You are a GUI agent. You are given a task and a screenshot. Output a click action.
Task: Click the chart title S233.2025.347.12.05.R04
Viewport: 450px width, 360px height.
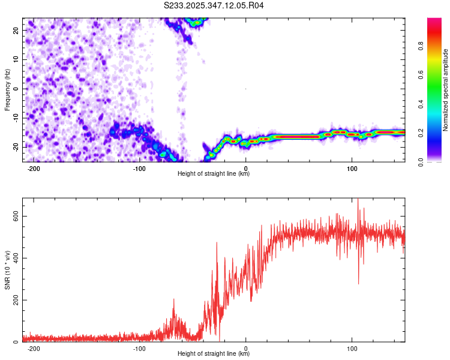(x=214, y=6)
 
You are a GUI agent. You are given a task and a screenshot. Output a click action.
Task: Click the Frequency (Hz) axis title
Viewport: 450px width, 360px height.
(x=7, y=89)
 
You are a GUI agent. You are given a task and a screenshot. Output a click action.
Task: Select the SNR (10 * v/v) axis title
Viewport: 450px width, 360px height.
(x=7, y=270)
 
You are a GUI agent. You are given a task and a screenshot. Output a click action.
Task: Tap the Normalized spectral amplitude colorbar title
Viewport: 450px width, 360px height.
(x=445, y=90)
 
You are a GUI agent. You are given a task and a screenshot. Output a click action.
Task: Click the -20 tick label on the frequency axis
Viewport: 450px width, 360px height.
(x=16, y=147)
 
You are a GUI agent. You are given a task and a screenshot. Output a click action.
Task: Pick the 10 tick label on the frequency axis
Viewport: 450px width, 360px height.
(x=17, y=59)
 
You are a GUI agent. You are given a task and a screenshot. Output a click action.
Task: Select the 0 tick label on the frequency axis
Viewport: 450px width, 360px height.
(x=19, y=89)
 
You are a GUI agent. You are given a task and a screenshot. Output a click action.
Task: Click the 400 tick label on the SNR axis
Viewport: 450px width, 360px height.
(x=14, y=259)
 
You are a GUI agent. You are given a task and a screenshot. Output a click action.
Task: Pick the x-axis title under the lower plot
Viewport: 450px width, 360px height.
(x=214, y=354)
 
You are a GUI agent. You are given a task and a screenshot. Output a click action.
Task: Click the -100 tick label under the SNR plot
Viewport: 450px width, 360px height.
(x=139, y=349)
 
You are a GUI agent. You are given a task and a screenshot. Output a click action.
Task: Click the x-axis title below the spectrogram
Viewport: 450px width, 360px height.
(x=214, y=174)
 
